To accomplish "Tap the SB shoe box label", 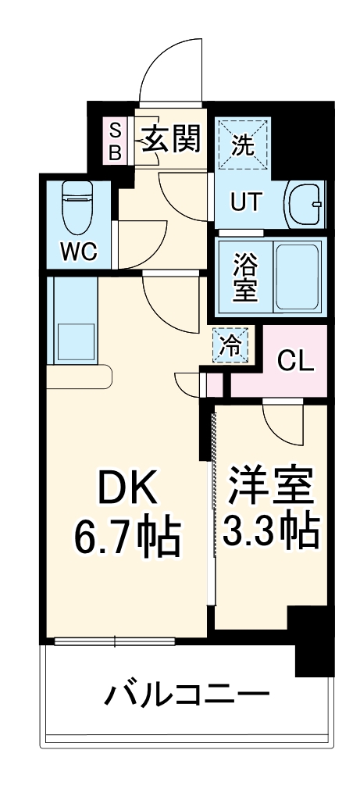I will point(115,141).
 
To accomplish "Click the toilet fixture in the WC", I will point(77,207).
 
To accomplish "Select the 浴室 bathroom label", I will point(244,277).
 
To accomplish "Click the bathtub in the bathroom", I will point(298,277).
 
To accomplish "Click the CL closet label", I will point(296,361).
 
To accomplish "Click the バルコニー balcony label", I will point(187,692).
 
